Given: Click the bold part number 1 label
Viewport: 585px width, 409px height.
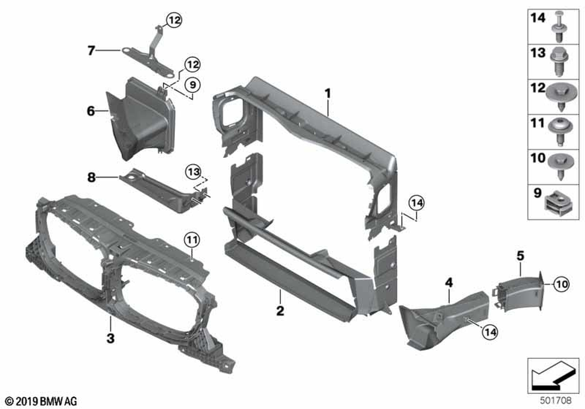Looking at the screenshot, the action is coord(328,93).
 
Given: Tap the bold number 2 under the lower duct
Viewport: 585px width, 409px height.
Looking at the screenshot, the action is coord(280,311).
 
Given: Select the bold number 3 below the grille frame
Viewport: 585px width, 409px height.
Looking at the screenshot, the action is coord(111,338).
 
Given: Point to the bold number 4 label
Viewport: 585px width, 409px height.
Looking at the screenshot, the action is coord(449,283).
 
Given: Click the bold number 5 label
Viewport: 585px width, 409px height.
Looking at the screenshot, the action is coord(521,256).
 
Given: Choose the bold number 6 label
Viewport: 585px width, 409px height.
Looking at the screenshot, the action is coord(91,111).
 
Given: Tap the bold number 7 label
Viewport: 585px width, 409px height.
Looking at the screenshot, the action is coord(91,50).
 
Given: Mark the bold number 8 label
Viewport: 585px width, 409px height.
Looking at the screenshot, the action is coord(91,178).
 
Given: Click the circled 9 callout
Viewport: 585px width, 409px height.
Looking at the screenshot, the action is coord(192,85).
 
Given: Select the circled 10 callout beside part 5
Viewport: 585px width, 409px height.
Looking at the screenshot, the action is coord(562,285).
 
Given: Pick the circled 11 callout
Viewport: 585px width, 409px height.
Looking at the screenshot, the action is coord(192,240).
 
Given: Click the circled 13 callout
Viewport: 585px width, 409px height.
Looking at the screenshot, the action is coord(193,172).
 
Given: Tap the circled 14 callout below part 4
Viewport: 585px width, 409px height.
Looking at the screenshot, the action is coord(490,332).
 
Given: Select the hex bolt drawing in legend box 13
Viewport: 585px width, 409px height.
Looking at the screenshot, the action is coord(559,62).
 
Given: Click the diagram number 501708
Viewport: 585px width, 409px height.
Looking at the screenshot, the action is coord(556,400).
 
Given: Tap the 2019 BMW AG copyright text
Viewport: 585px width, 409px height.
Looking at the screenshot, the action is coord(42,401).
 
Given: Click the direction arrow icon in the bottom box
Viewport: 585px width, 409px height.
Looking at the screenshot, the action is coord(553,376).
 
